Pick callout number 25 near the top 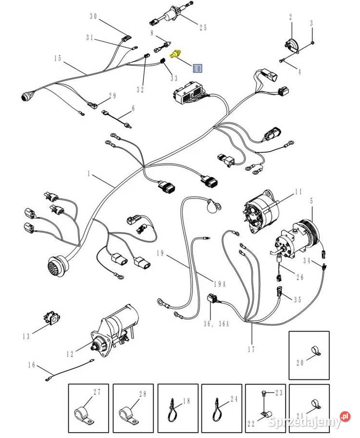click(203, 28)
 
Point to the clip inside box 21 click(315, 404)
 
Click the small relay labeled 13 click(52, 319)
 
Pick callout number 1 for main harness click(89, 174)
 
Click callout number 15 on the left click(57, 58)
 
